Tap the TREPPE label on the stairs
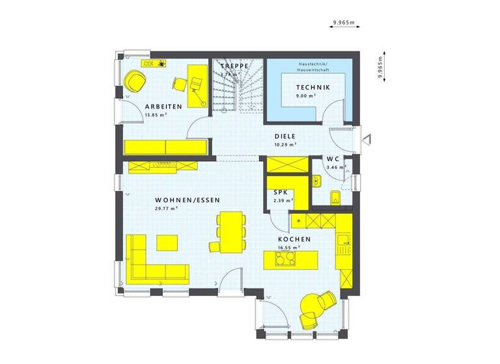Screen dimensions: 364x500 (235, 66)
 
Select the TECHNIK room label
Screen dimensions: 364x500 (312, 87)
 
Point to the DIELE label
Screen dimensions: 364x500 (285, 136)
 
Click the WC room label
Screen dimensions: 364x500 (333, 159)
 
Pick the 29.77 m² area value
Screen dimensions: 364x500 (167, 209)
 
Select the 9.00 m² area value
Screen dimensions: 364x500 (305, 96)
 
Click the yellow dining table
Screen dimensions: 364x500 (230, 230)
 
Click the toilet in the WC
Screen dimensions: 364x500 (335, 197)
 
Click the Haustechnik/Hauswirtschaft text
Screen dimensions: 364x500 (313, 66)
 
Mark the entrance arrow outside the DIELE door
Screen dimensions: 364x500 (367, 138)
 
